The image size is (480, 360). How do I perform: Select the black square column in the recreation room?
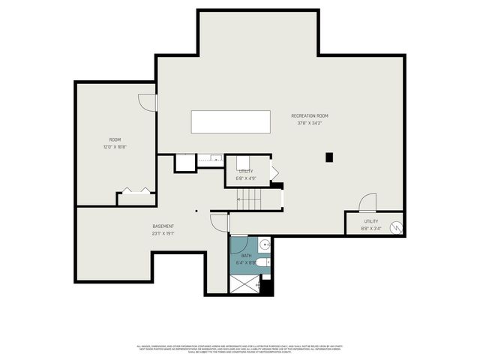329,157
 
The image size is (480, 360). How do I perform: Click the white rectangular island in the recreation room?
230,121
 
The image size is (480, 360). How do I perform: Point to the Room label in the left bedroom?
115,139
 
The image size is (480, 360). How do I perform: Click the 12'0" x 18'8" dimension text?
115,147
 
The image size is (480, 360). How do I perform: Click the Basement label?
163,226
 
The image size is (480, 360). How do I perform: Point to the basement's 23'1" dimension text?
163,233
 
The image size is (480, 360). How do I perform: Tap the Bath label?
246,256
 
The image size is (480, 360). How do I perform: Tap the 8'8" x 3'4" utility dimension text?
371,229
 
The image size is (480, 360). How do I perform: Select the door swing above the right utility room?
367,203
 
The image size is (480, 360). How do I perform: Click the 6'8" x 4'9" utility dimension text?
246,178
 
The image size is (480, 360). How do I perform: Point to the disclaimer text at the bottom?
239,349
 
